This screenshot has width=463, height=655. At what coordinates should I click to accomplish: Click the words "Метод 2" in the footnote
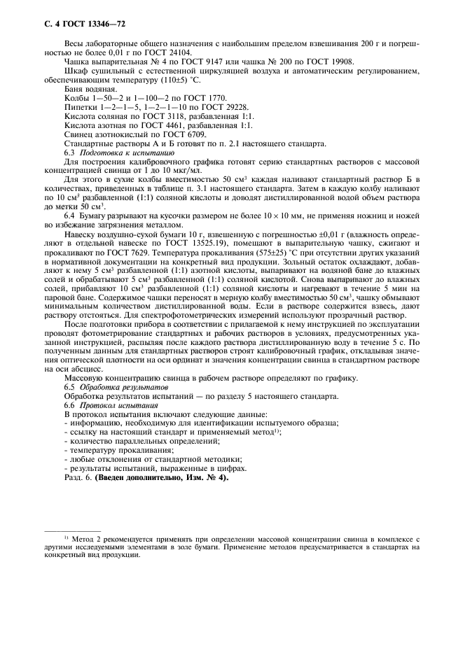pos(84,538)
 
